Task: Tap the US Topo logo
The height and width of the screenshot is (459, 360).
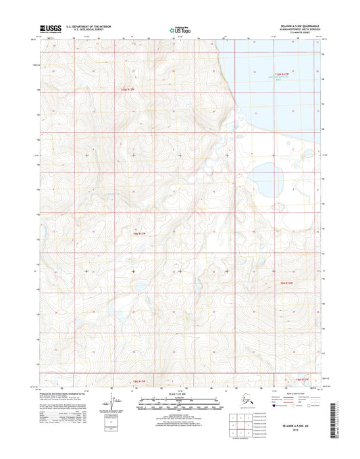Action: coord(179,30)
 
